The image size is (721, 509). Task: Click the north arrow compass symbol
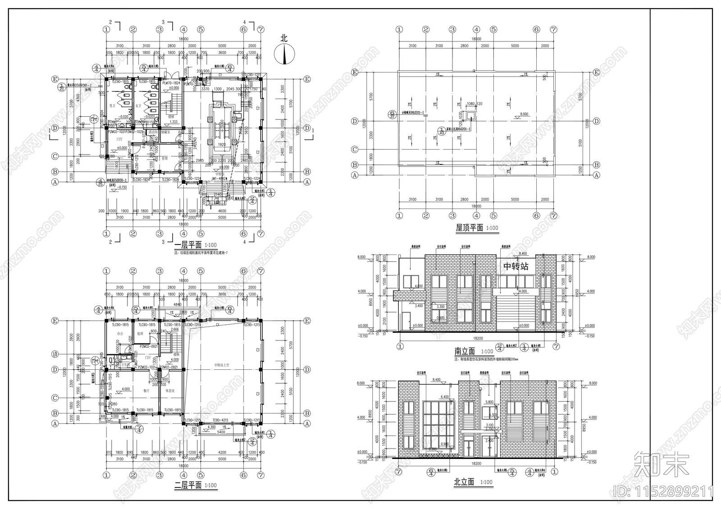click(x=284, y=53)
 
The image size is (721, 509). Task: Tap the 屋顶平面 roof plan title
click(x=469, y=228)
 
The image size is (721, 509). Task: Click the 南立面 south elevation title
click(x=465, y=352)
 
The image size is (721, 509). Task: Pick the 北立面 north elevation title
click(x=464, y=482)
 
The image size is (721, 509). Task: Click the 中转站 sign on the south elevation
click(x=516, y=267)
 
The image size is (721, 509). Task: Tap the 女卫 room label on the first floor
click(x=138, y=106)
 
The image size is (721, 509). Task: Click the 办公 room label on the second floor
click(x=120, y=334)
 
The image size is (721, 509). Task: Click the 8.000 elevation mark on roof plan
click(x=524, y=114)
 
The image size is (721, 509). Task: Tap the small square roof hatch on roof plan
click(x=471, y=115)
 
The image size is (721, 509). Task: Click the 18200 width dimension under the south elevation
click(x=478, y=338)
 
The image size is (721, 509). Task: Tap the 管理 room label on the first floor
click(x=165, y=158)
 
